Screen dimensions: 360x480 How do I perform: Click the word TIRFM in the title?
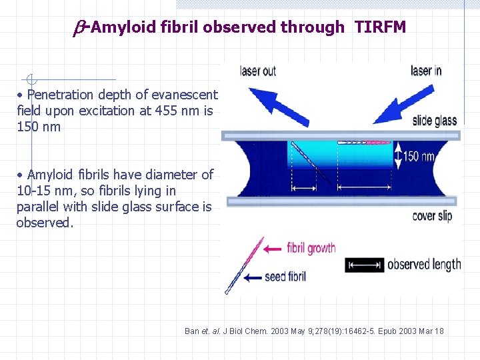380,27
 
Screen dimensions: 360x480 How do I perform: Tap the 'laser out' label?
258,71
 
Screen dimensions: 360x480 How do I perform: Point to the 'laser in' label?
425,71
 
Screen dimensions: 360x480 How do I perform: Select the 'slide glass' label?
434,120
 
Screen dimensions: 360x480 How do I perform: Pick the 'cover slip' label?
432,215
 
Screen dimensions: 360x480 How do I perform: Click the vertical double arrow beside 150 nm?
399,157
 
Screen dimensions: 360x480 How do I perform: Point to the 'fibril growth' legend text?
311,248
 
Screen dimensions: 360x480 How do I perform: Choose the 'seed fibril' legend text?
285,276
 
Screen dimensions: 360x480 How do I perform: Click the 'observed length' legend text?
424,265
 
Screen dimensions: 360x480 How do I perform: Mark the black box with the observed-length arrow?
364,265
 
